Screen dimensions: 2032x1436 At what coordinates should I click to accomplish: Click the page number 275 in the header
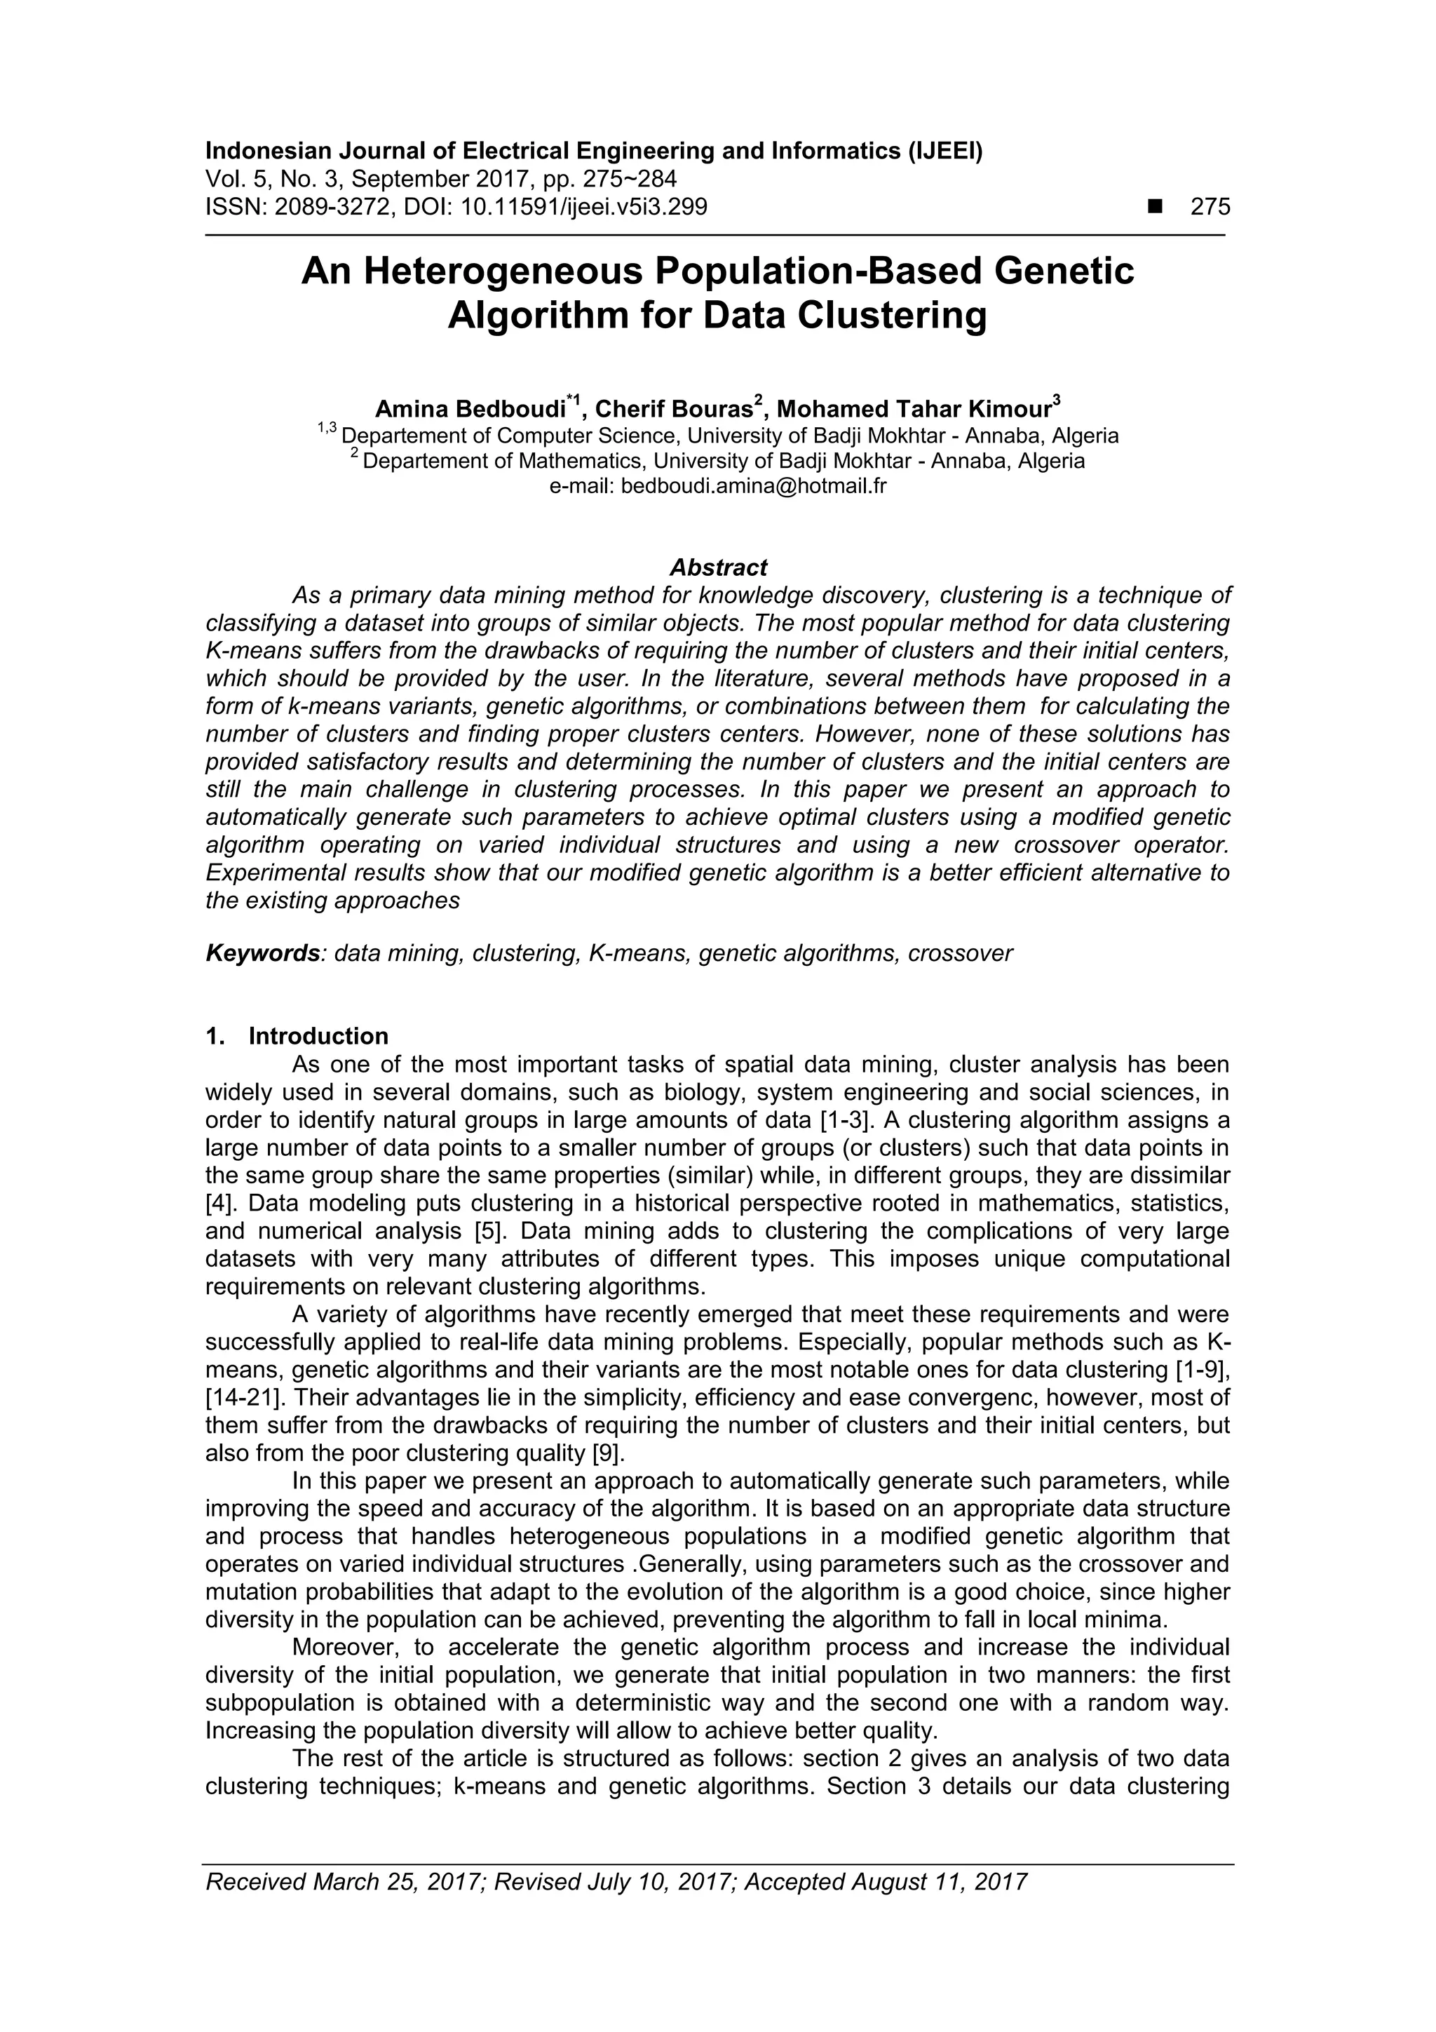pos(1210,207)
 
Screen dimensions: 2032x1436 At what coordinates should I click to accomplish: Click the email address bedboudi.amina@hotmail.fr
pos(753,486)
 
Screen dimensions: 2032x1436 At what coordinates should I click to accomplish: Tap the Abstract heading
pos(717,567)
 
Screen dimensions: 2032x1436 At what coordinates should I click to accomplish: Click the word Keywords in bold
pos(263,953)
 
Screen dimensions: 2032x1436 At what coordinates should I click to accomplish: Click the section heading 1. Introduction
pos(297,1037)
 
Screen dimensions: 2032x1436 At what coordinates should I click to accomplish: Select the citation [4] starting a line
pos(217,1204)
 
